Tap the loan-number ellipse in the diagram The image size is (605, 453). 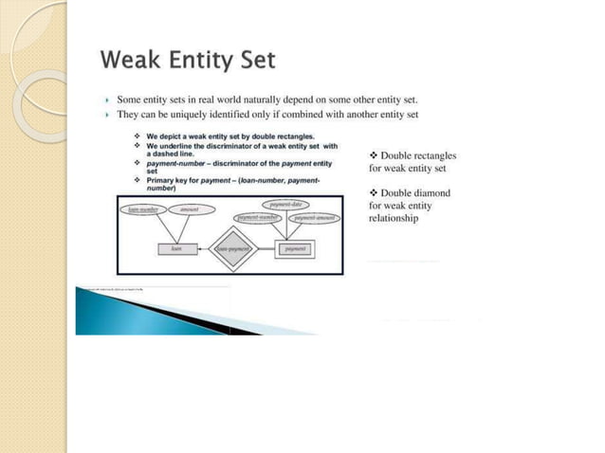pos(141,209)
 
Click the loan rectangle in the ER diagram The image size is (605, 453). pos(176,248)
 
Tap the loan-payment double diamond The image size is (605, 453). pos(231,248)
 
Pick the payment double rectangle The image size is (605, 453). pos(295,248)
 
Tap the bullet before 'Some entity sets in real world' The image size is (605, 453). pos(108,100)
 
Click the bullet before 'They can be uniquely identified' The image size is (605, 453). pos(108,115)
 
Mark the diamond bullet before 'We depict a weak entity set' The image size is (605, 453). pos(138,137)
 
